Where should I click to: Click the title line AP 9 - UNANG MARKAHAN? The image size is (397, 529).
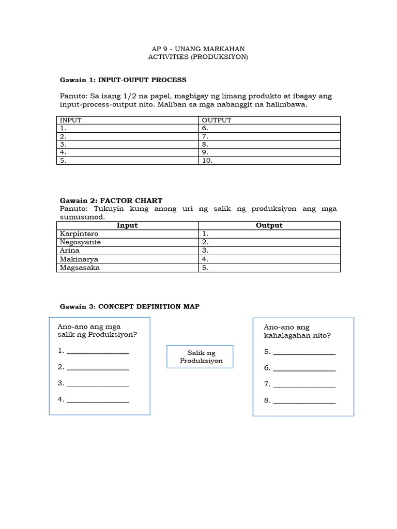(198, 49)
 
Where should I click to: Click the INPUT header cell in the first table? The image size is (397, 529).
(127, 120)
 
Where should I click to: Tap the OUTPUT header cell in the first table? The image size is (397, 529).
(269, 120)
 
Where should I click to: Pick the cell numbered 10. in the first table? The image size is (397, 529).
(269, 161)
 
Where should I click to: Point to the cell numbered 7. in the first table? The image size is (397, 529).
(269, 136)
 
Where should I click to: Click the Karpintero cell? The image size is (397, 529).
(127, 234)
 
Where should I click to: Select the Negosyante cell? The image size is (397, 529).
(127, 242)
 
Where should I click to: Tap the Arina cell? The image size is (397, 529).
(127, 251)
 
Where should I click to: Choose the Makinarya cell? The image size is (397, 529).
(127, 259)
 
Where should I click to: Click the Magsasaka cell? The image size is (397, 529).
(127, 268)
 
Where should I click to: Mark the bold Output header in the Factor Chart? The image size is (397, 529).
(269, 226)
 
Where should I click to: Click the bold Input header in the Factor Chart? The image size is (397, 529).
(127, 226)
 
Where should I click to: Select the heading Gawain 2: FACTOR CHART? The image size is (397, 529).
(111, 200)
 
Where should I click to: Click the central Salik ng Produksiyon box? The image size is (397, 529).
(200, 356)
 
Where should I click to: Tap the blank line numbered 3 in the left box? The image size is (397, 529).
(98, 384)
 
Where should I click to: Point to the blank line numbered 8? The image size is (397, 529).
(304, 400)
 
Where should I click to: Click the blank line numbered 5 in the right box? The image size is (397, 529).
(304, 352)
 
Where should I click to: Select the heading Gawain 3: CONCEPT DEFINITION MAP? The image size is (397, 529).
(130, 306)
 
